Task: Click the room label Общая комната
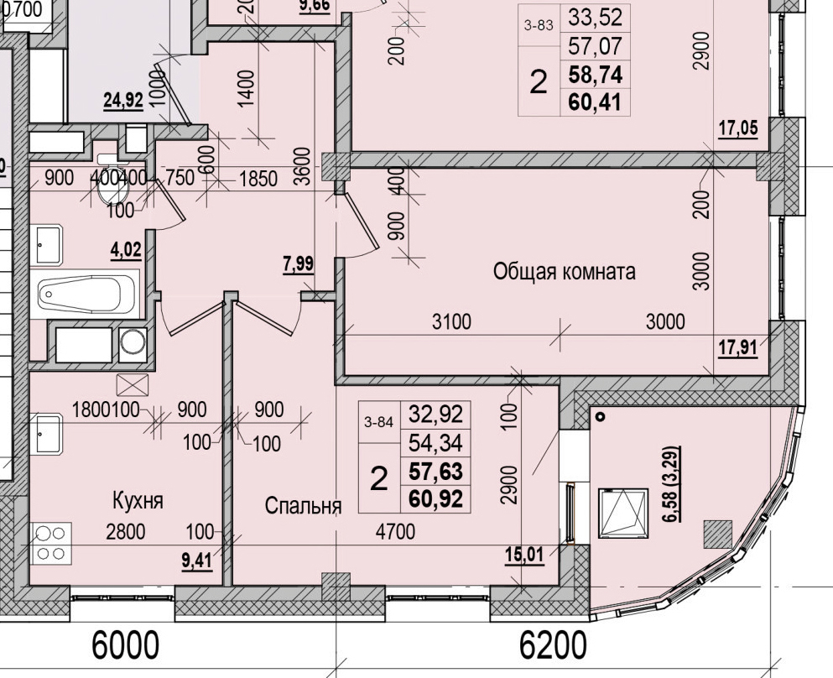[x=564, y=272]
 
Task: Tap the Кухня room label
[x=138, y=501]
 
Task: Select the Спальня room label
[x=303, y=506]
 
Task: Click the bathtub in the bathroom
[x=89, y=293]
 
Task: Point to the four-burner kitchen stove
[x=51, y=542]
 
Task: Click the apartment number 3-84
[x=378, y=423]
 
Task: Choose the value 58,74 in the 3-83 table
[x=595, y=75]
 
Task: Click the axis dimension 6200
[x=553, y=646]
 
